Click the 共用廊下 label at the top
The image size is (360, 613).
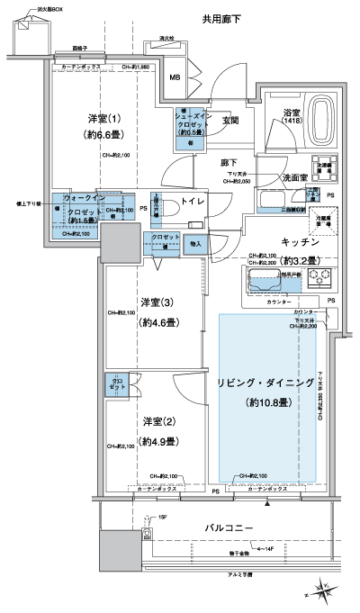(221, 17)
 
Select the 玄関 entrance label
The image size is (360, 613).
(230, 121)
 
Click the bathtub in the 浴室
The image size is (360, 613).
(320, 127)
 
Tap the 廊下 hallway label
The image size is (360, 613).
(229, 163)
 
